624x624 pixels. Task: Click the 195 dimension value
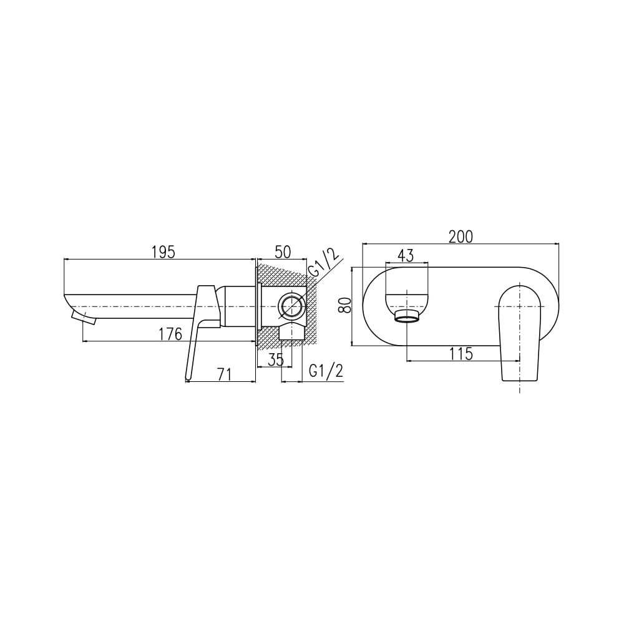[163, 252]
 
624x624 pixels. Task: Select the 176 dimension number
[170, 334]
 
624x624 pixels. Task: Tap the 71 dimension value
[224, 375]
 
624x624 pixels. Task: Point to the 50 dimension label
[283, 252]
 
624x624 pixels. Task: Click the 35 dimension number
[276, 360]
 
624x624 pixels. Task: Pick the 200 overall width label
[461, 236]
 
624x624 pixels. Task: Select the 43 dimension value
[406, 255]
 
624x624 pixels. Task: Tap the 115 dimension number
[461, 354]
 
